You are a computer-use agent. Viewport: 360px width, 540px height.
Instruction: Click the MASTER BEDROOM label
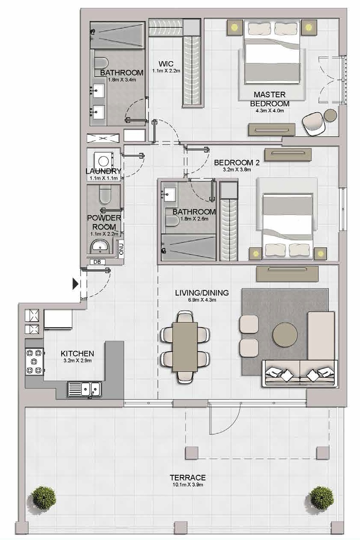coord(270,99)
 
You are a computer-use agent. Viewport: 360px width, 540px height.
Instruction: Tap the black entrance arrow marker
coord(76,283)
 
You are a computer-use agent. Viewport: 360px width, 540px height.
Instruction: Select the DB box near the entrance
coord(97,262)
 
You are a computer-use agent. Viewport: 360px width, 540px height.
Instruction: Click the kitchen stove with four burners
coord(34,361)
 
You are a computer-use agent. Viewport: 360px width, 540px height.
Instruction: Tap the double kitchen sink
coord(84,389)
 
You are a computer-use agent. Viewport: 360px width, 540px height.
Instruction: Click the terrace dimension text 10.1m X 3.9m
coord(187,485)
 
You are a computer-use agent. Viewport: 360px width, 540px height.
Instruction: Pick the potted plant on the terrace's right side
coord(322,498)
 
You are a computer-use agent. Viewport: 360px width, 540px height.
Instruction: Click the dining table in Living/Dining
coord(185,347)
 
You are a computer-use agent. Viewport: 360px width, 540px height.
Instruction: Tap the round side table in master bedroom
coord(330,116)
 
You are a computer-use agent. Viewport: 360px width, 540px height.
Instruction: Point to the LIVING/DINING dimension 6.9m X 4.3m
coord(201,300)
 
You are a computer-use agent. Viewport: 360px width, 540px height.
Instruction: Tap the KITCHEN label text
coord(77,354)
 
